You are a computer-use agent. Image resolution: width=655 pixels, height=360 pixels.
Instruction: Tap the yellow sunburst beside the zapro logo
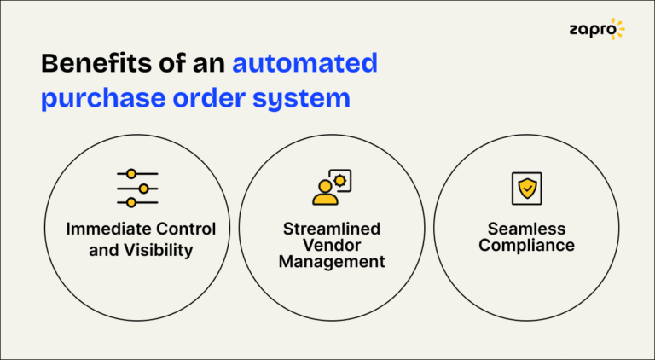(x=617, y=29)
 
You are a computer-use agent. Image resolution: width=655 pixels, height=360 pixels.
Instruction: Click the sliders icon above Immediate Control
(x=137, y=188)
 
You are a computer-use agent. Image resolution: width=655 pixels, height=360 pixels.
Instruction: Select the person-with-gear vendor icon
(x=331, y=188)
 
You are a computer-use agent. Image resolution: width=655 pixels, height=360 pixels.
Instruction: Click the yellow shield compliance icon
(x=526, y=189)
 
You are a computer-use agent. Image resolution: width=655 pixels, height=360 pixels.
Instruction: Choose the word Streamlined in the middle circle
(x=332, y=229)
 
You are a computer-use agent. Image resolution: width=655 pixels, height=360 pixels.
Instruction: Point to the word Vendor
(x=332, y=246)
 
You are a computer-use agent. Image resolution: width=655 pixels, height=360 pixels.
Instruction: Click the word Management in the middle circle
(x=332, y=262)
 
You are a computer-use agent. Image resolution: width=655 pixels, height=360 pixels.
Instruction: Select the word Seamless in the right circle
(x=526, y=229)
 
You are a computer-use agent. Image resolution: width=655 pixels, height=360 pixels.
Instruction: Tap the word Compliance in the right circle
(x=526, y=246)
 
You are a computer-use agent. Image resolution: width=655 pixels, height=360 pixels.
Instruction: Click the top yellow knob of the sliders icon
(x=130, y=174)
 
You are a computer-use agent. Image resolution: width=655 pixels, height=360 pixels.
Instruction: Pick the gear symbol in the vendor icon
(x=340, y=180)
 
